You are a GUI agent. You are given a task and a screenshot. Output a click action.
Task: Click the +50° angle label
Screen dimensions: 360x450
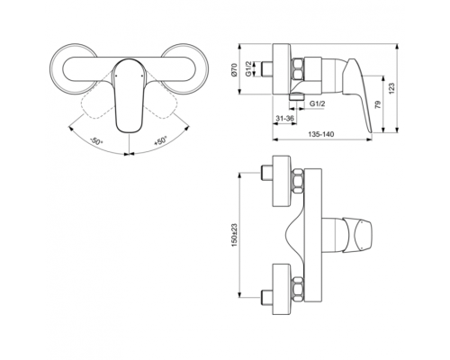[x=158, y=141]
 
